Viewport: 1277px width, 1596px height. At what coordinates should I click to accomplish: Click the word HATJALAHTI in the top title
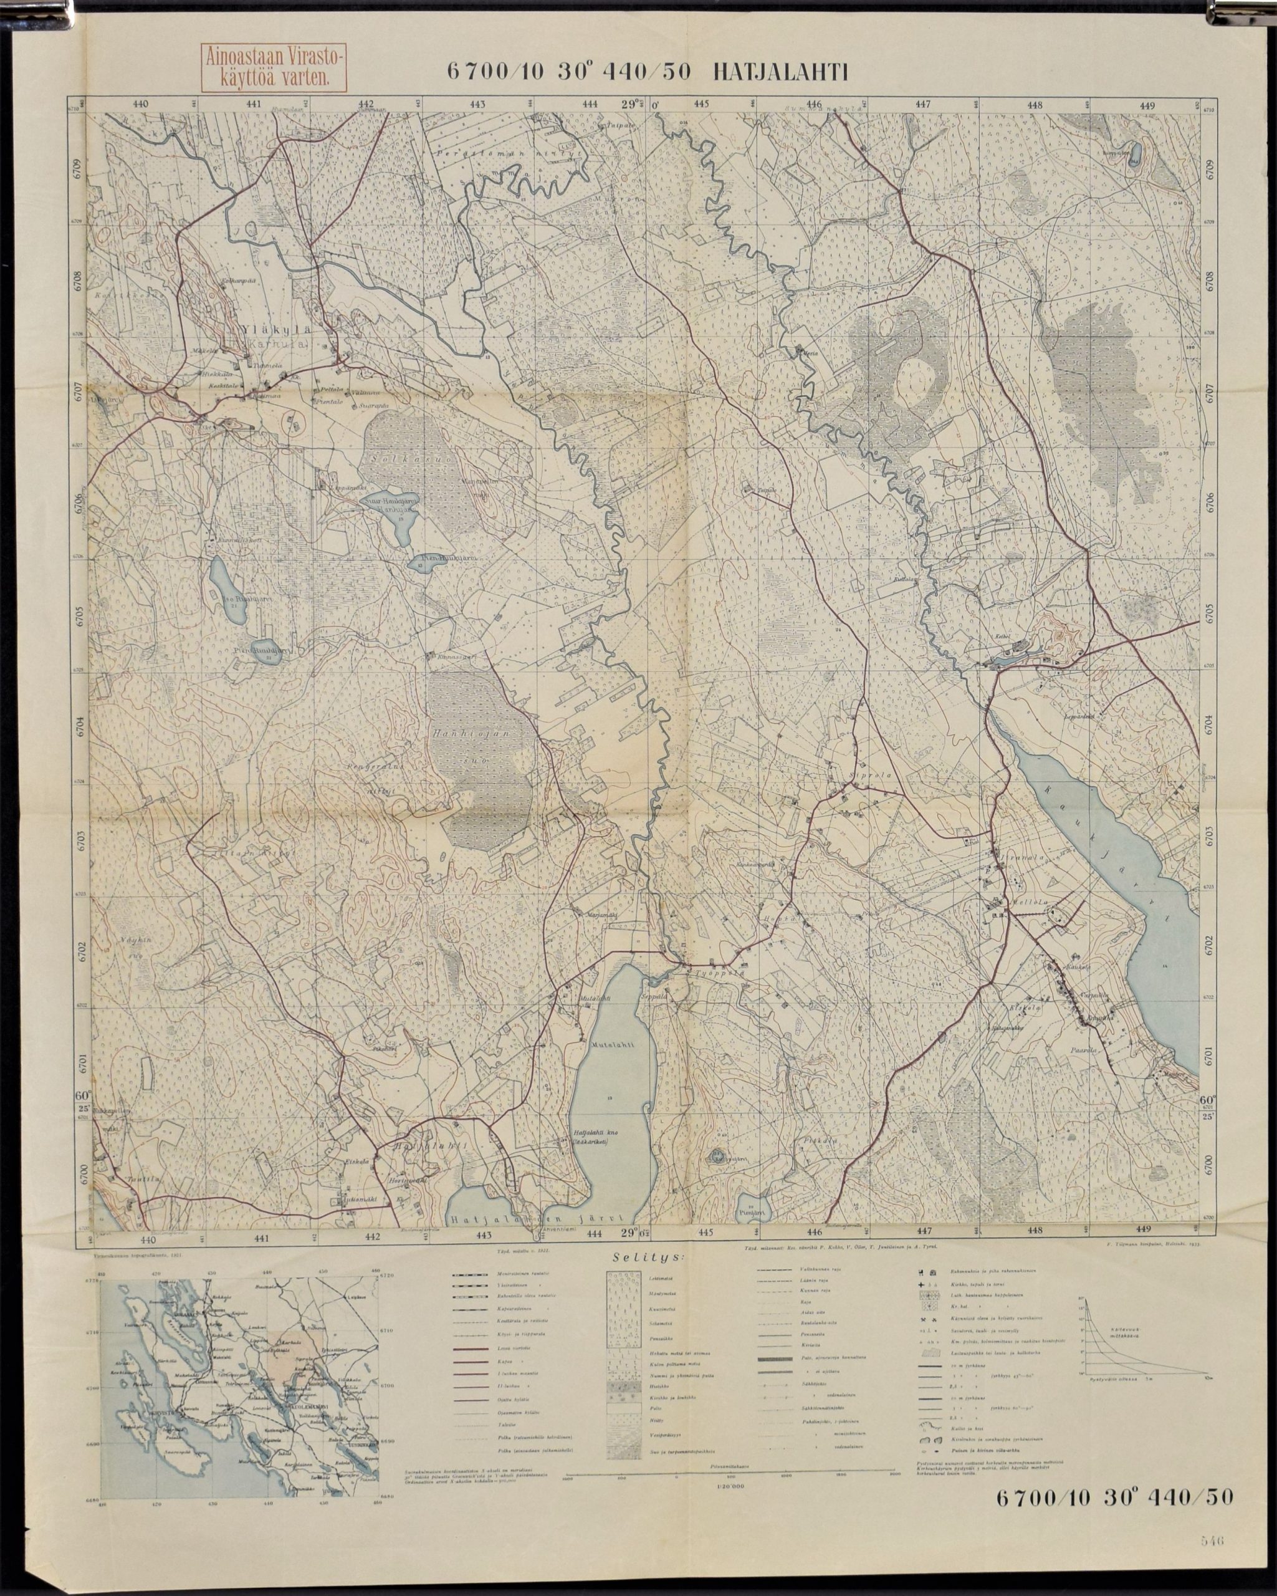(778, 71)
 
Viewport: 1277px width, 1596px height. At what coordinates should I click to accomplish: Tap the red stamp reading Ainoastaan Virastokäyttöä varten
(274, 68)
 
